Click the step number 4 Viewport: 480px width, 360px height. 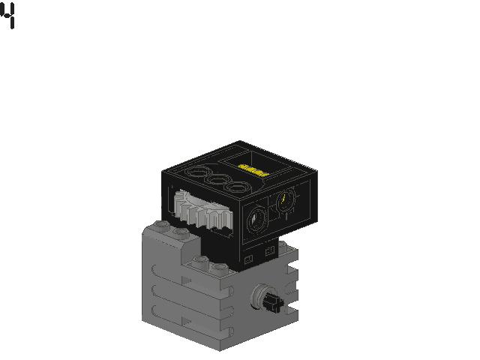click(x=7, y=16)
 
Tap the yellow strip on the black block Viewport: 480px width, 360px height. click(x=253, y=170)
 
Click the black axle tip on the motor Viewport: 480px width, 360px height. click(x=273, y=303)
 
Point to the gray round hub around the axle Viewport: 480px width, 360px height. click(x=259, y=296)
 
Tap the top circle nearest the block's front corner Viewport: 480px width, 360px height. click(x=238, y=187)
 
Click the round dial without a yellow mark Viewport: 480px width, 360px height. click(x=256, y=220)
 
